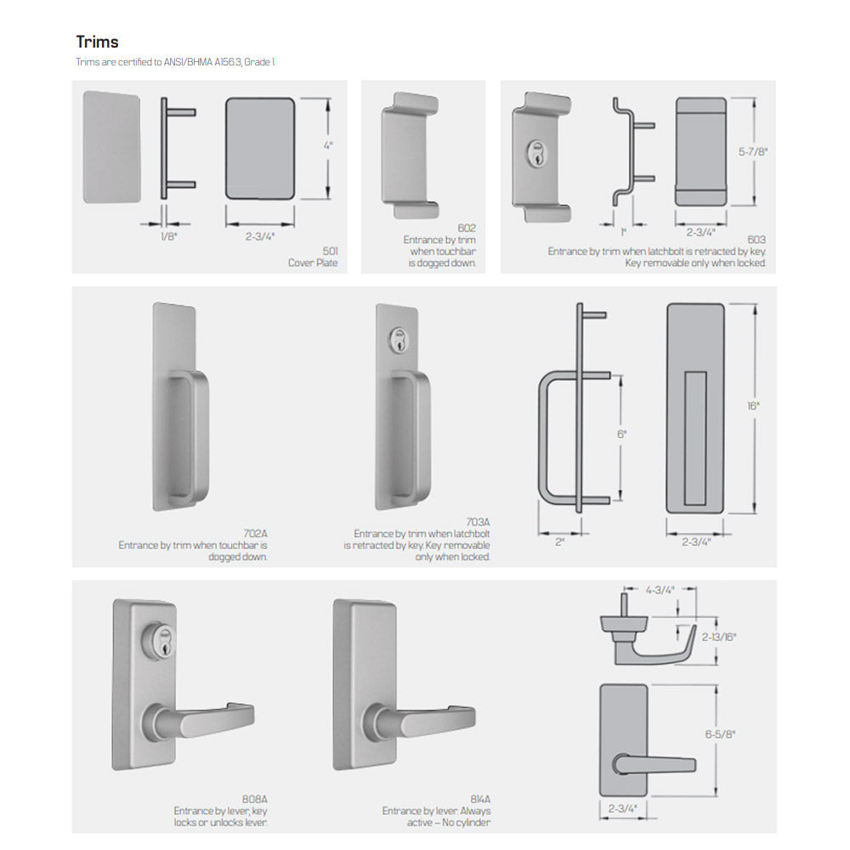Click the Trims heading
click(97, 42)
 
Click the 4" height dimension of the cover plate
click(328, 145)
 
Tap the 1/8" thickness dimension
click(168, 236)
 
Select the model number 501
click(330, 251)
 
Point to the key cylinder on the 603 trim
click(536, 153)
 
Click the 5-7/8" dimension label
click(753, 152)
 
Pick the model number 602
click(467, 228)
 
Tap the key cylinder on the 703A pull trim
click(399, 338)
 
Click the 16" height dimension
click(753, 406)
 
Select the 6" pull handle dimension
click(621, 434)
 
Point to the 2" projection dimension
click(559, 541)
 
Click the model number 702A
click(255, 534)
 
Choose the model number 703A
click(478, 522)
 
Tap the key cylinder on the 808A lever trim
click(159, 640)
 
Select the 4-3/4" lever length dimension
click(660, 590)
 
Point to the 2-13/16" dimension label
click(719, 637)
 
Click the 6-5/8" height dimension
click(720, 734)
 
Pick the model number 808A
click(255, 799)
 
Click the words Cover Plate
click(313, 263)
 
